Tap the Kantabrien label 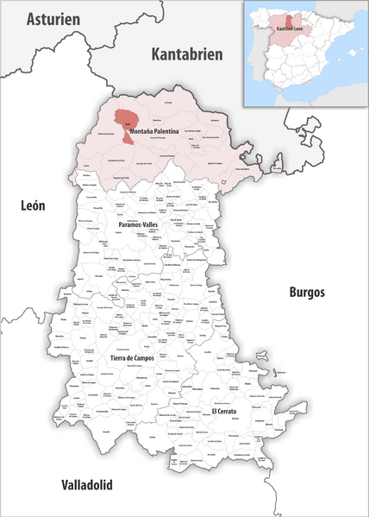pos(186,54)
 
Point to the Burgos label pos(306,292)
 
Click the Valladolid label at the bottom pos(85,485)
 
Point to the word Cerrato pos(229,412)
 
